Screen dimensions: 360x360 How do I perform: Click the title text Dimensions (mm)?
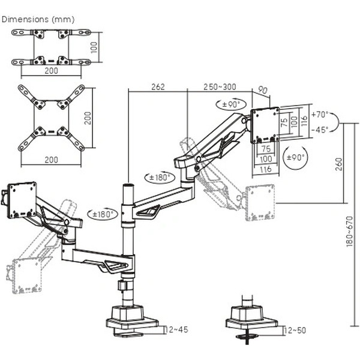30,19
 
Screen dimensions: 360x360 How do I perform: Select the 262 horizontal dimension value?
158,86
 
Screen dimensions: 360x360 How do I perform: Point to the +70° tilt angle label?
320,114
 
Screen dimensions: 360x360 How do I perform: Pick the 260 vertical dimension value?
338,163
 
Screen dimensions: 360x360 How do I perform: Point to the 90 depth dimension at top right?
262,90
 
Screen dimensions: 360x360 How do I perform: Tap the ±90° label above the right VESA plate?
231,104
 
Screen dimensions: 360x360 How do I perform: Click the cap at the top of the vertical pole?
127,188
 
